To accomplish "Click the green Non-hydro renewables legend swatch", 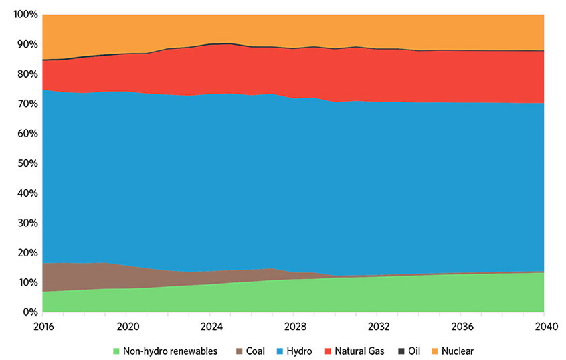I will coord(116,350).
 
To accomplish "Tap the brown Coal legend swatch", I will coord(233,350).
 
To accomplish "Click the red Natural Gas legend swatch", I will coord(328,350).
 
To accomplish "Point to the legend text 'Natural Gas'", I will coord(359,350).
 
